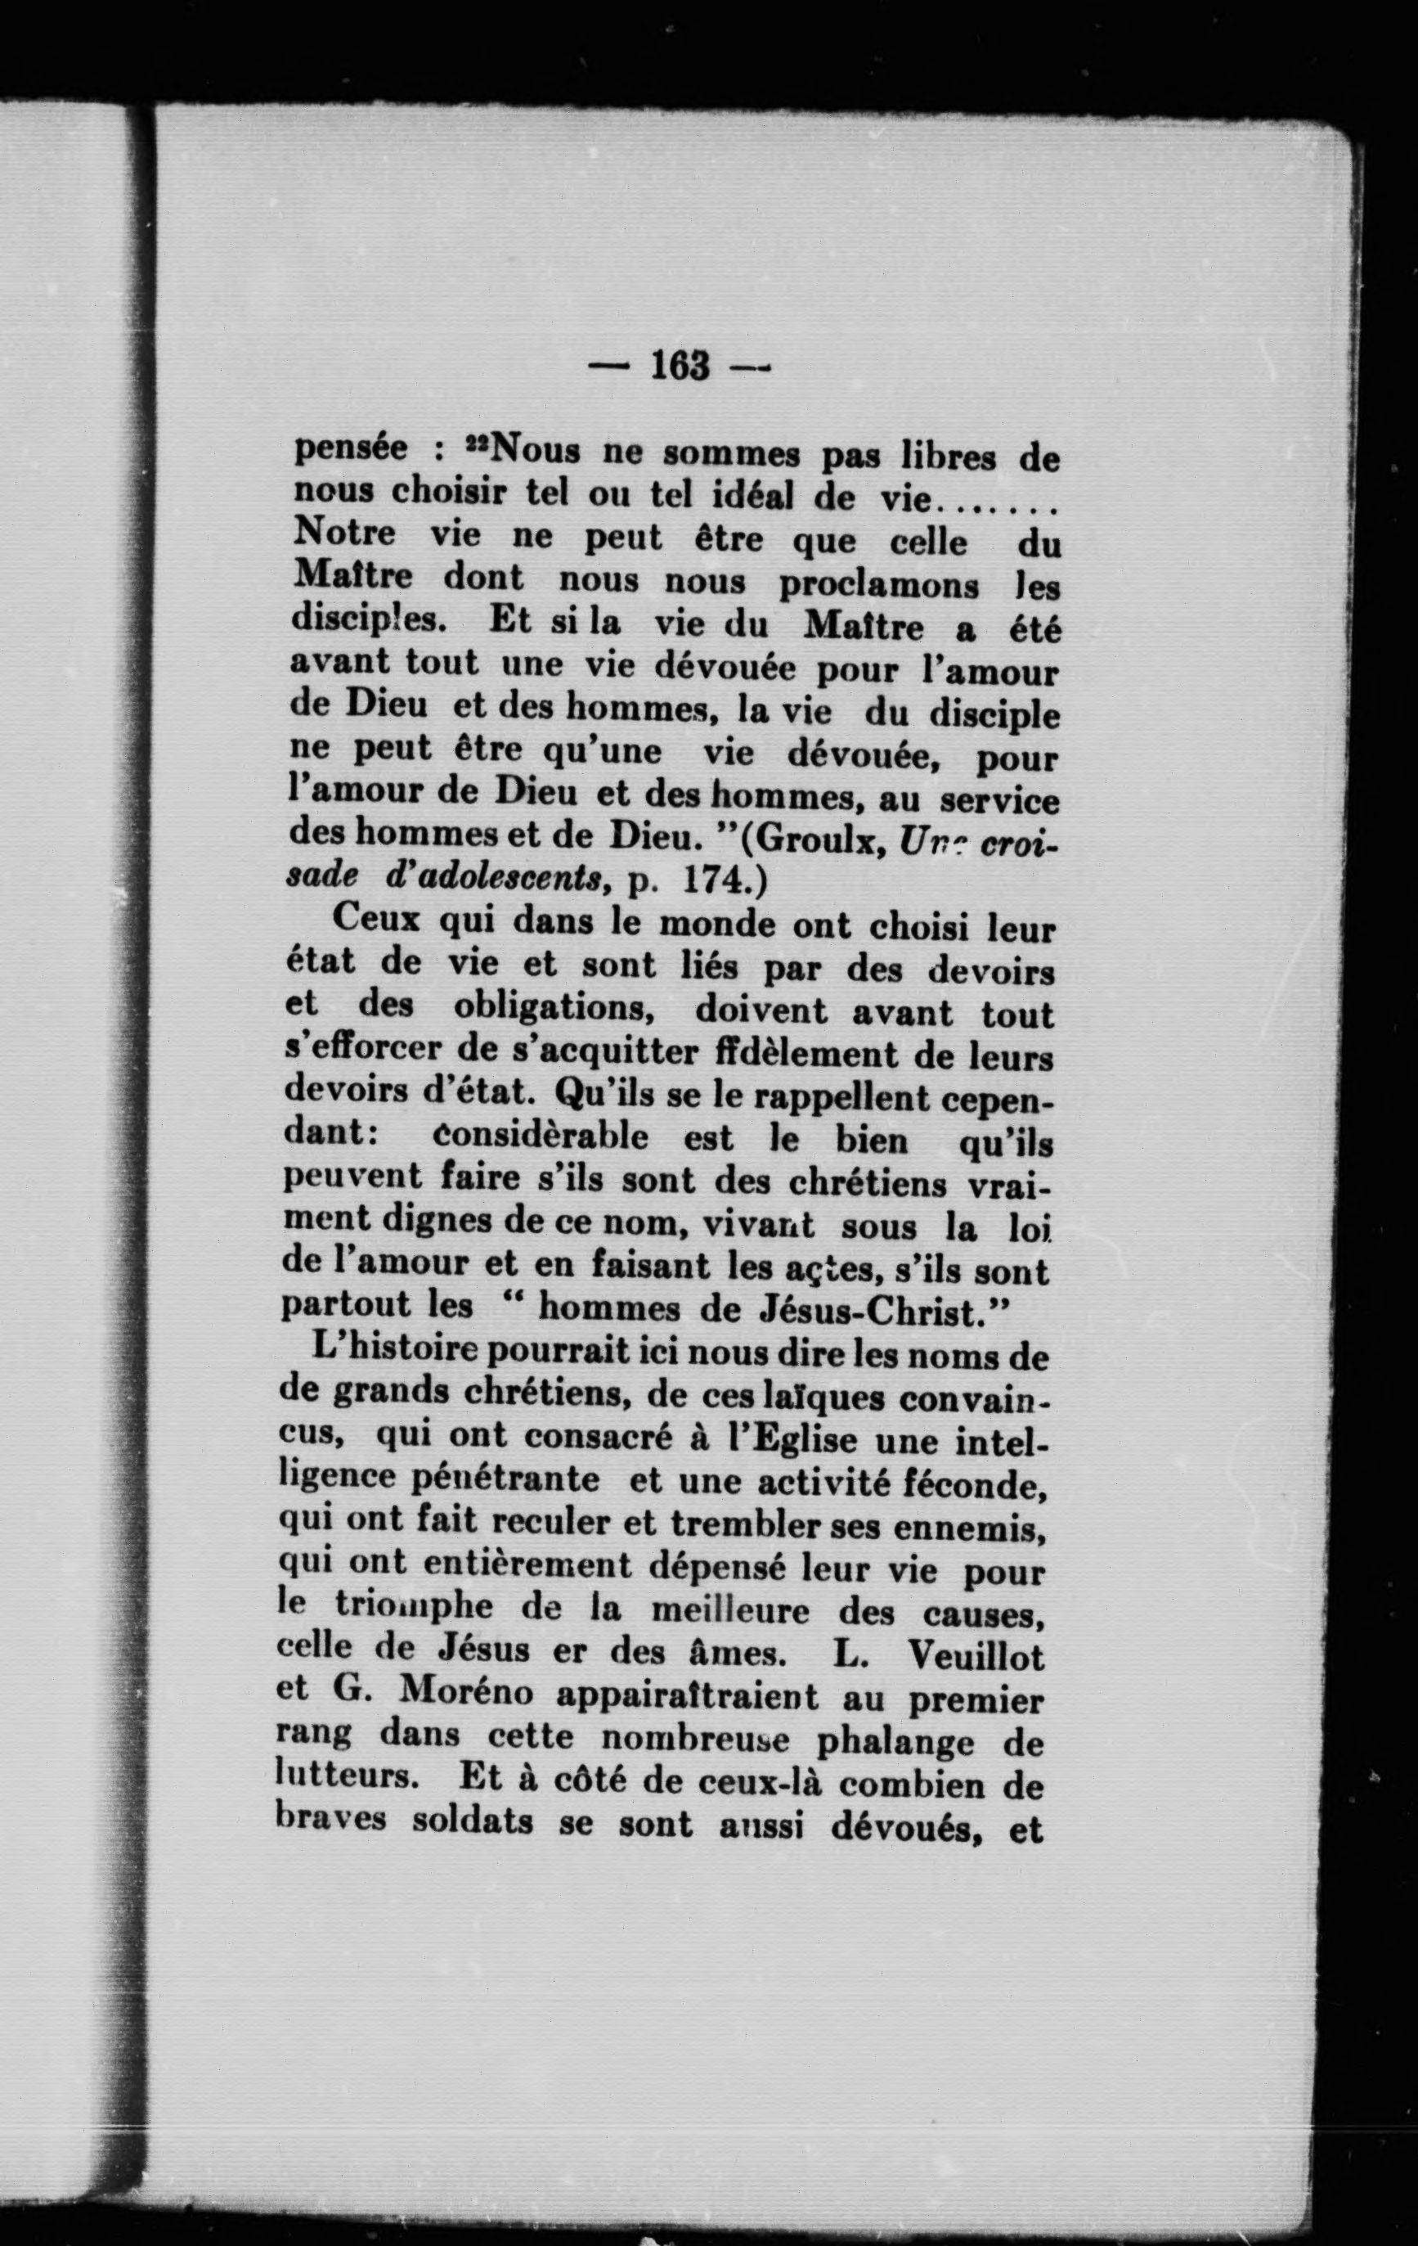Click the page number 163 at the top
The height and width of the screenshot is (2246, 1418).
(680, 366)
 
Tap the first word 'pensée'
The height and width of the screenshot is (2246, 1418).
(352, 451)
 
